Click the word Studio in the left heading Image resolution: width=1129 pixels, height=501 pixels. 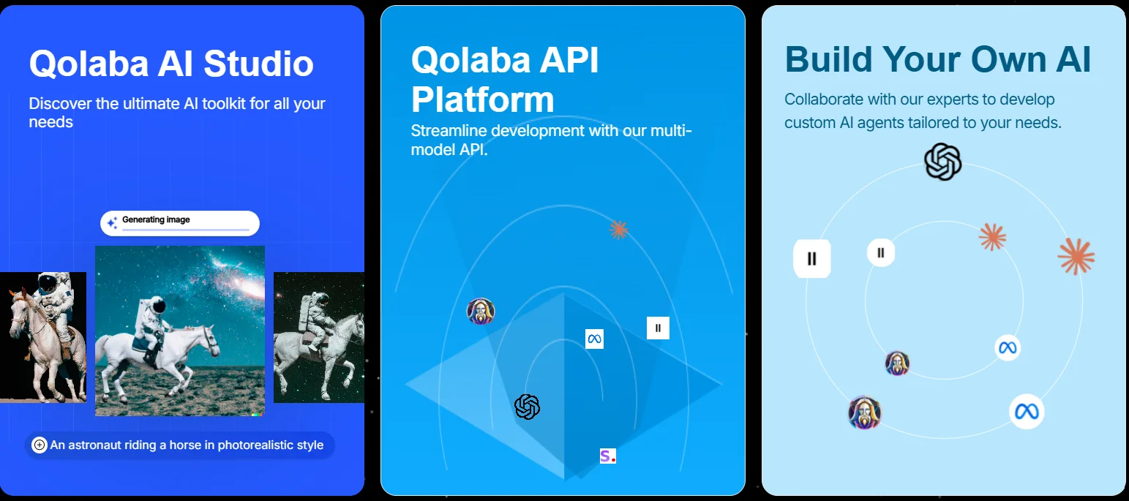pos(258,64)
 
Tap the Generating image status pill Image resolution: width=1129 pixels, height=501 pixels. pos(180,223)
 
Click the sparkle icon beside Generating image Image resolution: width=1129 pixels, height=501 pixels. pos(113,222)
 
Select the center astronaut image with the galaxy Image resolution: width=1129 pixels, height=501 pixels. pos(180,331)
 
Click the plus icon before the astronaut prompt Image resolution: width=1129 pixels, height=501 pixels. pos(40,445)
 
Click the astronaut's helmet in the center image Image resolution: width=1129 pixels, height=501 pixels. pos(158,305)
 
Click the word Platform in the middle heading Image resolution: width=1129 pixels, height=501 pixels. pos(482,99)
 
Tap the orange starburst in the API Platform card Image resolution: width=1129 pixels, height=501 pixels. pos(618,230)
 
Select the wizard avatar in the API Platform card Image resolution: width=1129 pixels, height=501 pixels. pos(481,311)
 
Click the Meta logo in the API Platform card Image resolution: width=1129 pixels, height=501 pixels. pos(594,339)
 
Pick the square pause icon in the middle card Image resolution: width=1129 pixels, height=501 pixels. pos(658,328)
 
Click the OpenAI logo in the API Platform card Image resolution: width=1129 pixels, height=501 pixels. pos(528,407)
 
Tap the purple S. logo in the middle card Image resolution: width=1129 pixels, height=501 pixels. pos(608,456)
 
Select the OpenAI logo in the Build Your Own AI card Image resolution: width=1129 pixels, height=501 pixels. pos(943,162)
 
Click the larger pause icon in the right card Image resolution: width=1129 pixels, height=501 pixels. pos(812,259)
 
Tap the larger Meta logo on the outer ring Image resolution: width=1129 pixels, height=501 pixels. pos(1027,412)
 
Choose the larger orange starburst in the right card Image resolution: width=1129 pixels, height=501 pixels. pos(1076,257)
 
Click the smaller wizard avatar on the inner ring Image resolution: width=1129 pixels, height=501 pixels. pos(897,363)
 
